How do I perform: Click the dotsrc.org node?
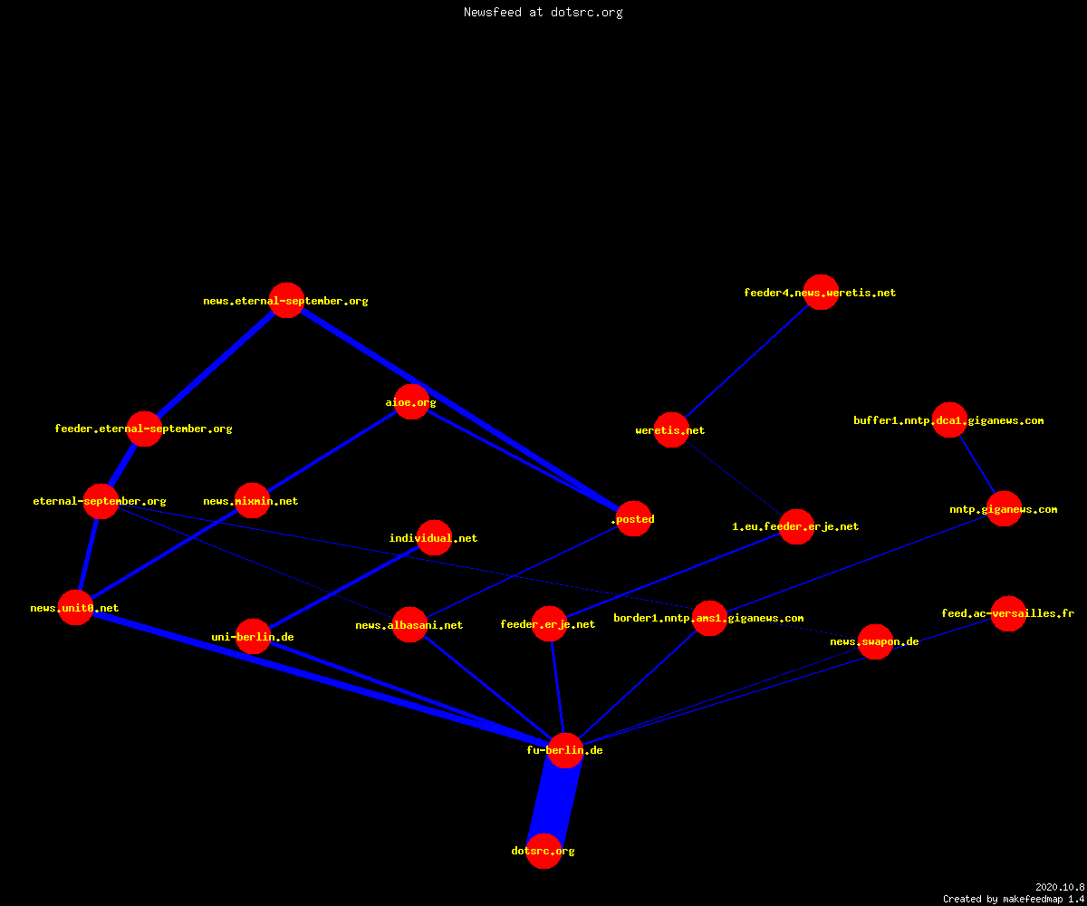[543, 851]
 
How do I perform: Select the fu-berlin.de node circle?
[565, 750]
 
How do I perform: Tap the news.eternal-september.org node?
[286, 301]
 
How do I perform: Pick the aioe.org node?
[411, 402]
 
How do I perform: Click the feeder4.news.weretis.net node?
[821, 292]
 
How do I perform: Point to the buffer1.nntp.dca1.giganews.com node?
[949, 419]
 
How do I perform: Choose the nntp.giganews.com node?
[1004, 508]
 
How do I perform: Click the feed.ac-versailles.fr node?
[1008, 613]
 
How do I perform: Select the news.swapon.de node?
[875, 641]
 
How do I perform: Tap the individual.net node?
[434, 537]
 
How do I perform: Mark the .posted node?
[633, 518]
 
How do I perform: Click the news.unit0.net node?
[75, 608]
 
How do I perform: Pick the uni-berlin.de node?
[253, 636]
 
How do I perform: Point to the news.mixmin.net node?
[252, 500]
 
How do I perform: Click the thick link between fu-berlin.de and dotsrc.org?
[554, 801]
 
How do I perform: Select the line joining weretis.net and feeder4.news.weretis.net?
[746, 361]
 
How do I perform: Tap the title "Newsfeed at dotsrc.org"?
[543, 12]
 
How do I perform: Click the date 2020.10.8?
[1060, 887]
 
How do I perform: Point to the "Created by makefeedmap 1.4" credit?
[1014, 899]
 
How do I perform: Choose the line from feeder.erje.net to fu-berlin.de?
[558, 687]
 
